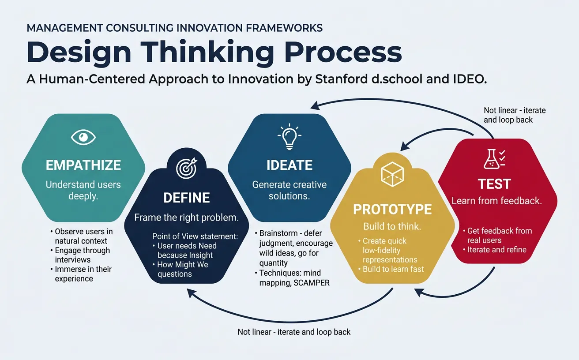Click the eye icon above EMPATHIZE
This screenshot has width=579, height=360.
(x=83, y=138)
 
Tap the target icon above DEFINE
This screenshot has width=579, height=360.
(x=186, y=168)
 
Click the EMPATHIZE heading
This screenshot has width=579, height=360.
(x=83, y=165)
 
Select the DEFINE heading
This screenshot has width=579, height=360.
(x=186, y=197)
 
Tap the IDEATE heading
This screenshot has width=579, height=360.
(x=289, y=165)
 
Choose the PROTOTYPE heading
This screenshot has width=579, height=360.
(x=392, y=209)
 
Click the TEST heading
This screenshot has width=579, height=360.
(x=494, y=184)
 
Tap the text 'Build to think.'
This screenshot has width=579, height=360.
(x=392, y=227)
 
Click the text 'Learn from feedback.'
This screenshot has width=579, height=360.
(x=496, y=201)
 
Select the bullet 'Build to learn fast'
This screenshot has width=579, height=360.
(x=393, y=269)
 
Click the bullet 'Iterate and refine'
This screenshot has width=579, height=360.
(x=497, y=250)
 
